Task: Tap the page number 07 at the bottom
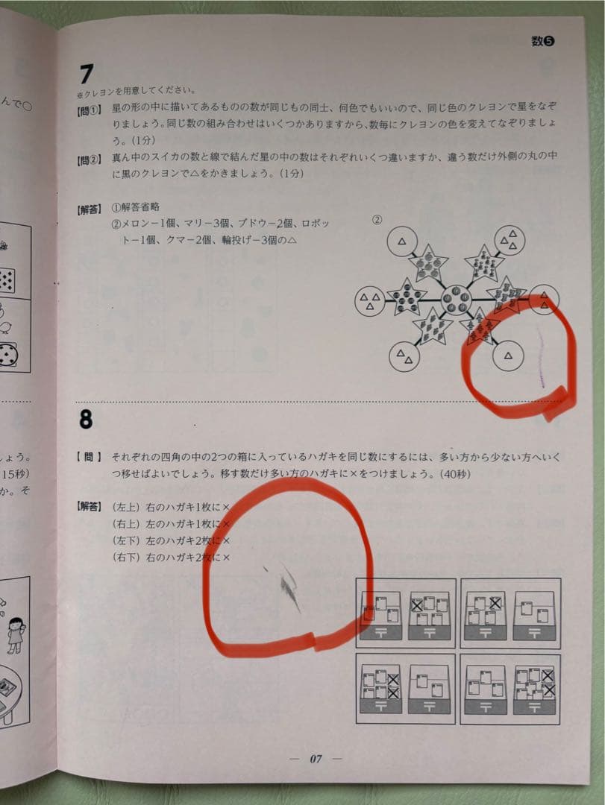pyautogui.click(x=316, y=759)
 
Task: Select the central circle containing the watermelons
pyautogui.click(x=454, y=301)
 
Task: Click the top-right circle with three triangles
pyautogui.click(x=511, y=240)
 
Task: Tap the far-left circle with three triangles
pyautogui.click(x=369, y=300)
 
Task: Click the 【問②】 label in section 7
pyautogui.click(x=89, y=160)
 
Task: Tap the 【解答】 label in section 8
pyautogui.click(x=89, y=507)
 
